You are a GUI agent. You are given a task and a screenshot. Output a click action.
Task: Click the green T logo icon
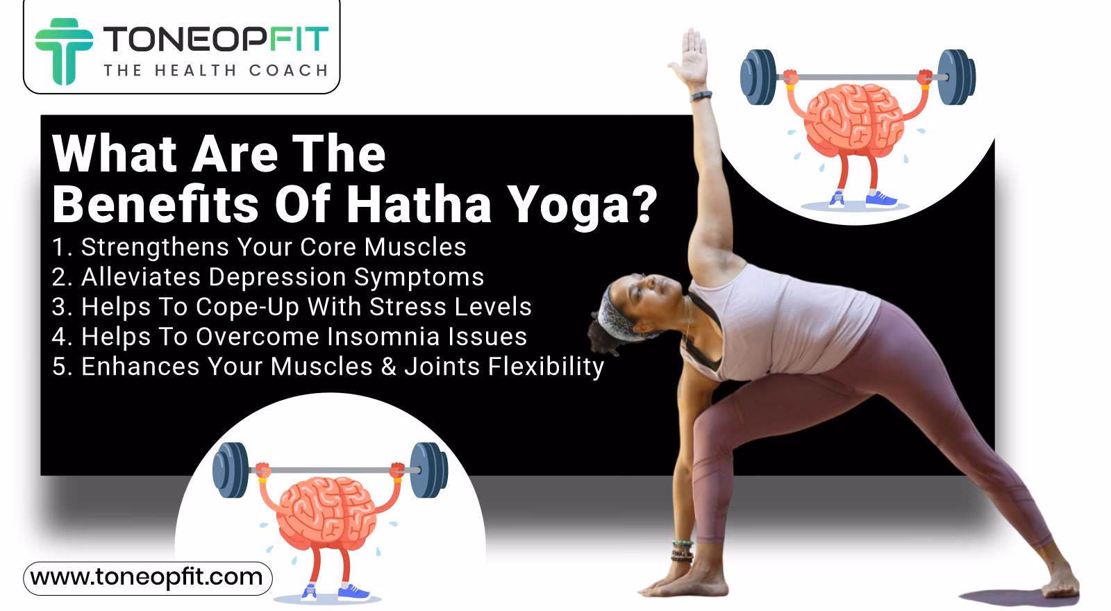click(x=63, y=49)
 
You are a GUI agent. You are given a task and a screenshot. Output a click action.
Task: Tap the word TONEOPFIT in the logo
click(x=215, y=40)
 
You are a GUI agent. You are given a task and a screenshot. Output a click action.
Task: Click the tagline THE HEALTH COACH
click(x=215, y=71)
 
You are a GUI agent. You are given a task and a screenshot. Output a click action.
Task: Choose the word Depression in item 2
click(x=277, y=277)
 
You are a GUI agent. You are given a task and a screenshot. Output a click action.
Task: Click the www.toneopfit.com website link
click(x=147, y=578)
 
